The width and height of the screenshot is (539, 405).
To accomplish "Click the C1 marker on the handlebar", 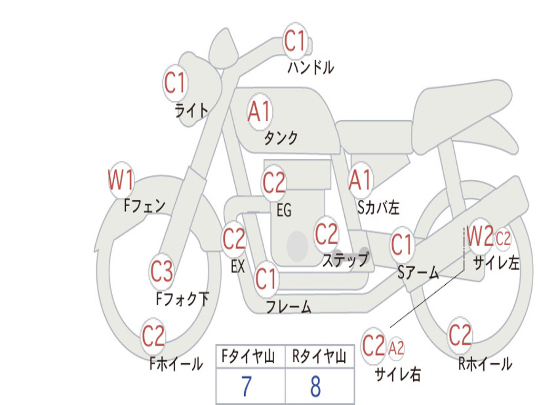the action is [x=295, y=41].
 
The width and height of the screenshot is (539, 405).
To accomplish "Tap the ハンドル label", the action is [x=311, y=67].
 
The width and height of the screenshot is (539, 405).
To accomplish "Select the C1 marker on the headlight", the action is [x=175, y=83].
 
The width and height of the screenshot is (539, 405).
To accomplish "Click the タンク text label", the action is [x=281, y=138].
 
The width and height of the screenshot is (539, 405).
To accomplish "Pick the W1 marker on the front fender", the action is [x=121, y=180].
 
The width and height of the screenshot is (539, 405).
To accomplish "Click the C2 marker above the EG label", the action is [x=274, y=182].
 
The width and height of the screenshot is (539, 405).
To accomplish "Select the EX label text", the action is [x=238, y=266].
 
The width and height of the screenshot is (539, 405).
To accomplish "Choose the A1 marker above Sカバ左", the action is [x=361, y=180].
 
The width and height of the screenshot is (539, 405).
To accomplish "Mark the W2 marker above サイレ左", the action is [x=480, y=236].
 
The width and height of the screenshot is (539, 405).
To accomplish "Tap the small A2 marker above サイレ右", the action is [x=396, y=348].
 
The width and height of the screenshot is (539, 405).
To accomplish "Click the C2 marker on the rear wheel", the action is [x=460, y=335].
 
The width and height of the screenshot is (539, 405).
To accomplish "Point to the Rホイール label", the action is [x=485, y=364].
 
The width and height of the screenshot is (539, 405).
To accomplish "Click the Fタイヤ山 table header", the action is [x=248, y=356].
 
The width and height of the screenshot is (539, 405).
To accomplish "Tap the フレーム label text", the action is [x=289, y=306].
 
